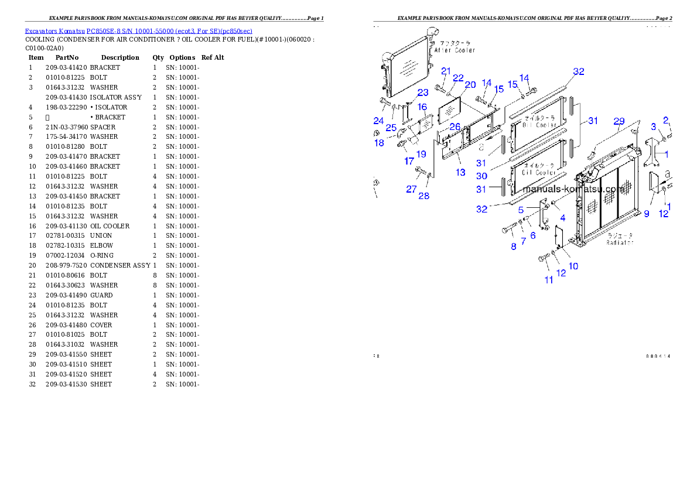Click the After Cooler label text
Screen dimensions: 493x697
455,50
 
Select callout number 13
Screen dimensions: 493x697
460,172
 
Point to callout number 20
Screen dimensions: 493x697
470,85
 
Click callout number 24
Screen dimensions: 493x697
378,121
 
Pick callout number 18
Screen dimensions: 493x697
379,143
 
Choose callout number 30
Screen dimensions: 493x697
481,176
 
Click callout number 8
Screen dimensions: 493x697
514,246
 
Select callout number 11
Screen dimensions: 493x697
549,280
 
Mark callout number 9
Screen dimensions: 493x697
647,214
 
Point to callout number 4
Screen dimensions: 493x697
562,218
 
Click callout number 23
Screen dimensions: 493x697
422,93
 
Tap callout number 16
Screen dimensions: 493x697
422,107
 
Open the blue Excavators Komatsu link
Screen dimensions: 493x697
138,31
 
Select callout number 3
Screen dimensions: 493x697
653,126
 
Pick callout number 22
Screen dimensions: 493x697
458,78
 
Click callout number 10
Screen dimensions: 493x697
573,266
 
